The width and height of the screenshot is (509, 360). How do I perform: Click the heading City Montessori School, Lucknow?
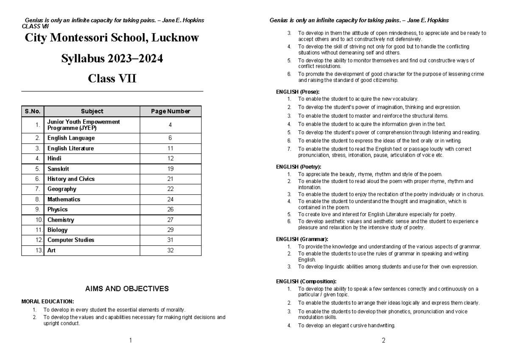[112, 38]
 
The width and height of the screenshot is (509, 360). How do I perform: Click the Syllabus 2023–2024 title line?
[112, 59]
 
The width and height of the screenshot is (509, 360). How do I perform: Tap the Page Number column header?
[171, 111]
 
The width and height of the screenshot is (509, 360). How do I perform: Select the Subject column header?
[92, 111]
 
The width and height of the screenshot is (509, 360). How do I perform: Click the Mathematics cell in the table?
[64, 199]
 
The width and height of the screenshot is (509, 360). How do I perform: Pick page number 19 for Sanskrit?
[170, 169]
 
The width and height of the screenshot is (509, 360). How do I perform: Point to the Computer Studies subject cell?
[71, 240]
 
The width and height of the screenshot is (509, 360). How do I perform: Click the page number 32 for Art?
[170, 250]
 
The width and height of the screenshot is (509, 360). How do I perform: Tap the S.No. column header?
[32, 111]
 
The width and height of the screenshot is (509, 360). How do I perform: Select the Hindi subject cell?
[54, 158]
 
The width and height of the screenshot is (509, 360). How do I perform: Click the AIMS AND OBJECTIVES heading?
[127, 289]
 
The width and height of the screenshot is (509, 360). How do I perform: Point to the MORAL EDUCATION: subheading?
[48, 301]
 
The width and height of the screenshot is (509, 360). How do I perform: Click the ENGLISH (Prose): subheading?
[297, 92]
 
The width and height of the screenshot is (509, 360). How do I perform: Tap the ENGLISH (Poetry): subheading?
[299, 167]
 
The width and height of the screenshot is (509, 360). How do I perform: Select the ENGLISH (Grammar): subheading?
[302, 239]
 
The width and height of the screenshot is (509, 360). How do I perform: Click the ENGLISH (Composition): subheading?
[306, 281]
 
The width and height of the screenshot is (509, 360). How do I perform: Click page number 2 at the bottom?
[383, 340]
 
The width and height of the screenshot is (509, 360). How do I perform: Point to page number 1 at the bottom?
[130, 340]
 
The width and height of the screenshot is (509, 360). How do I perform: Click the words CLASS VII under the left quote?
[32, 25]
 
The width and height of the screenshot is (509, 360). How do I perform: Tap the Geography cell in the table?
[62, 189]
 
